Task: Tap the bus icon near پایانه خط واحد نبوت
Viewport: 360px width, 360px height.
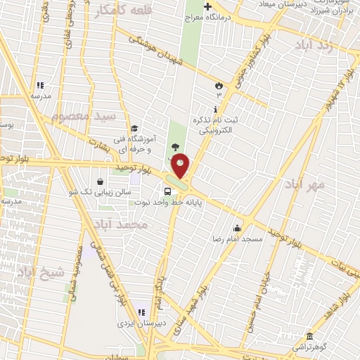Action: pyautogui.click(x=168, y=191)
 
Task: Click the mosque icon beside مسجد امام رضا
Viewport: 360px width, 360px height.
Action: pyautogui.click(x=238, y=228)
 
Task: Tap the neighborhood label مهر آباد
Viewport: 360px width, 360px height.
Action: pyautogui.click(x=304, y=184)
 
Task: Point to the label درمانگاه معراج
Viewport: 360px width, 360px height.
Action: pyautogui.click(x=207, y=17)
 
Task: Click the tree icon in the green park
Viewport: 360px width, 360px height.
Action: pyautogui.click(x=174, y=147)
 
